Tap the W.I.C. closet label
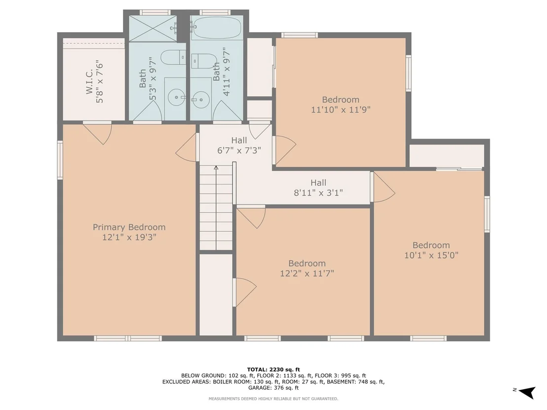click(x=89, y=81)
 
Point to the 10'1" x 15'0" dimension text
click(x=431, y=255)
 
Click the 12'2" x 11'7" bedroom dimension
click(x=307, y=273)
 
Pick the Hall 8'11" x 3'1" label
click(x=318, y=187)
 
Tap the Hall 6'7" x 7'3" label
click(x=239, y=146)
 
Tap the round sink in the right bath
click(x=200, y=100)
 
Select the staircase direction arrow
click(x=216, y=207)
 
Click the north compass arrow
click(x=527, y=392)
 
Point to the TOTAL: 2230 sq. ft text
click(x=273, y=370)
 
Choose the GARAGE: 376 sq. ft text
click(x=273, y=388)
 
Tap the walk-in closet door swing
click(x=99, y=133)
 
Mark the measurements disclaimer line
click(x=273, y=399)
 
